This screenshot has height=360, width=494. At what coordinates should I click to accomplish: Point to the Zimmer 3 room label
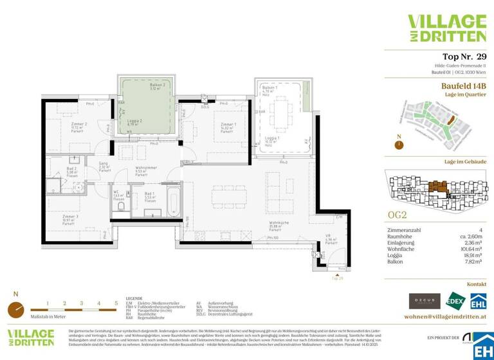point(71,218)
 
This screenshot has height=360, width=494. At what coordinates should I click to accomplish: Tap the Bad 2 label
point(71,170)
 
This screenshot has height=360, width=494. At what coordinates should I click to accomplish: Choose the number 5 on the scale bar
point(116,302)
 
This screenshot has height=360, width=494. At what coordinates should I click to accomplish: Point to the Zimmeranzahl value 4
point(483,230)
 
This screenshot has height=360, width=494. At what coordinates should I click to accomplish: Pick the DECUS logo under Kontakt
point(425,300)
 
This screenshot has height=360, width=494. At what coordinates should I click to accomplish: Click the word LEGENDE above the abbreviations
point(134,299)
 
